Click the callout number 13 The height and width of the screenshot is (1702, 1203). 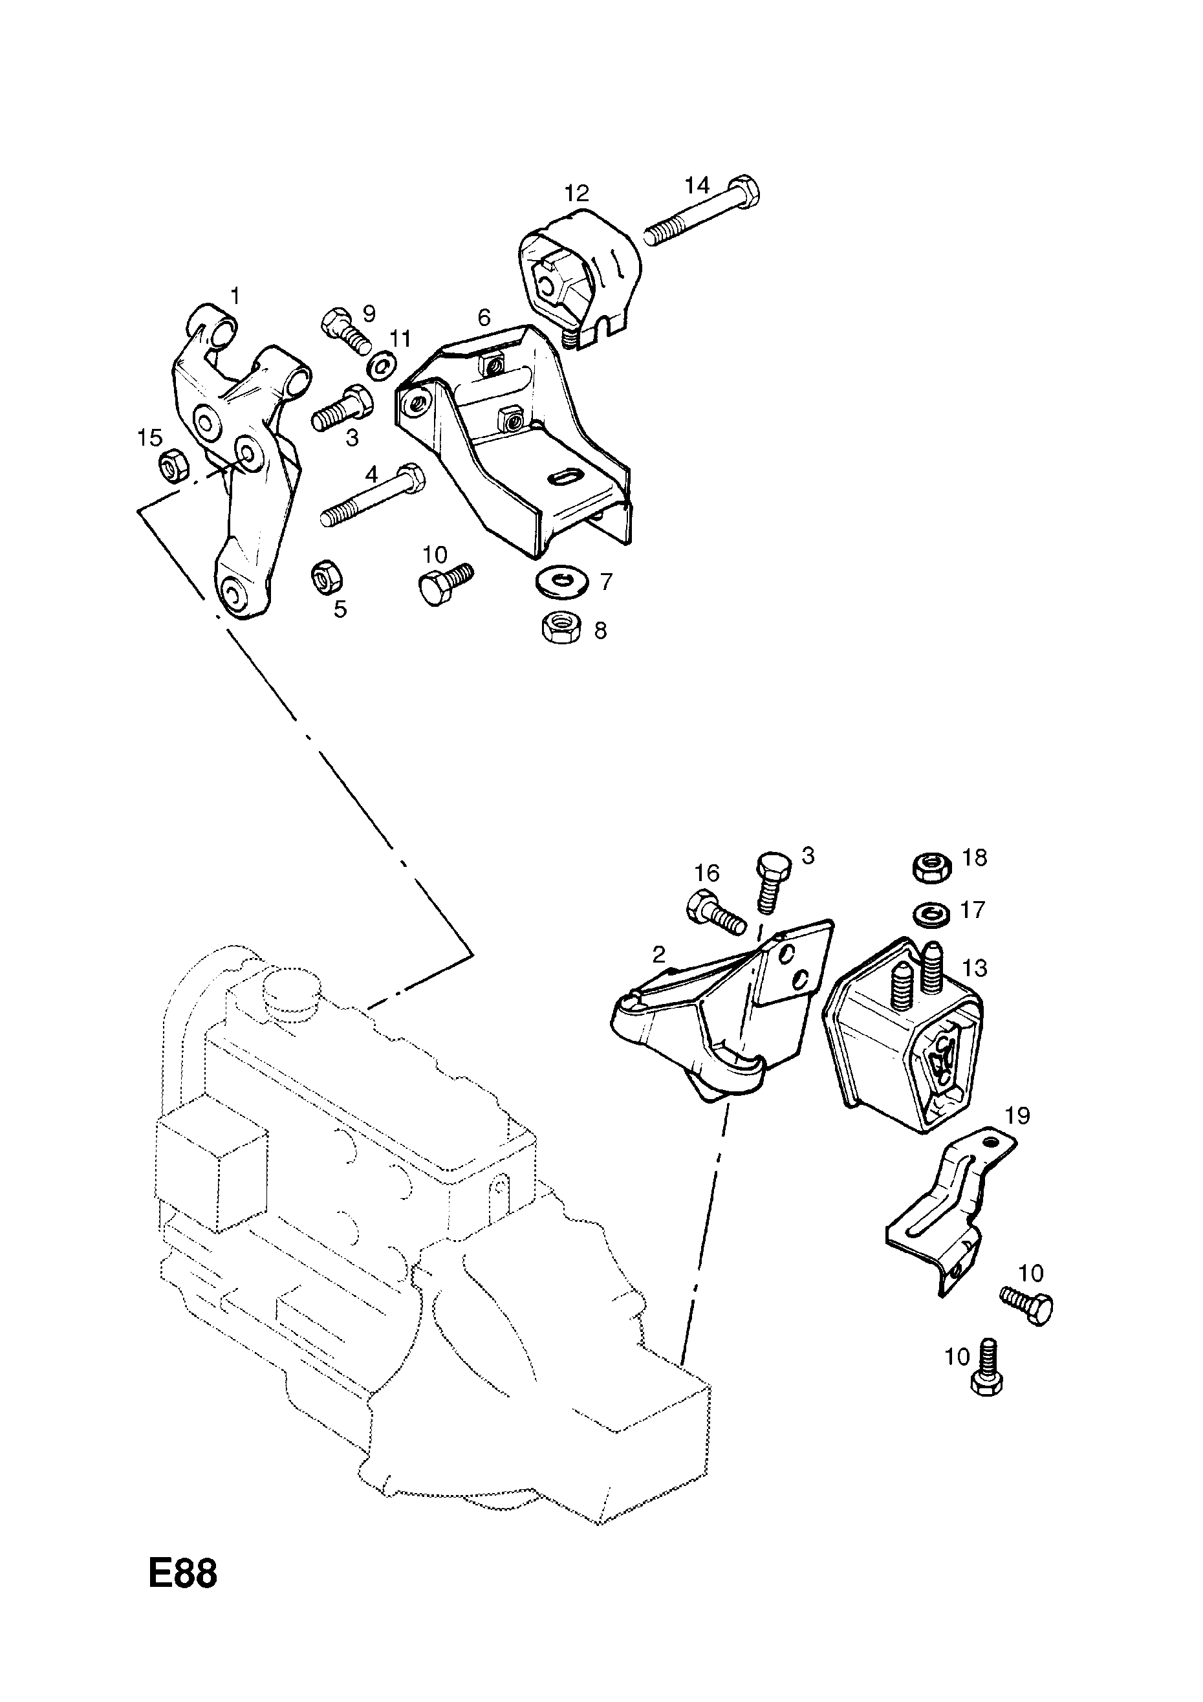[x=975, y=968]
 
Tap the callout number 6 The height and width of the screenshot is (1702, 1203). [x=484, y=318]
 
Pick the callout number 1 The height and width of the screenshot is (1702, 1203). [x=235, y=296]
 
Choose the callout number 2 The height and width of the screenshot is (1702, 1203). [x=659, y=954]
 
